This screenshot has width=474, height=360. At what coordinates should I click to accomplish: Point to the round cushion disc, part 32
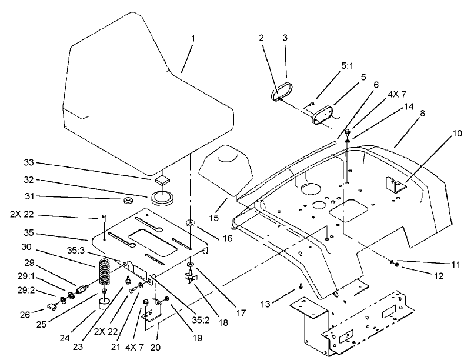tap(160, 196)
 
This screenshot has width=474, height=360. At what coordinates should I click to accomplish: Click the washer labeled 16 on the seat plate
tap(191, 224)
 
